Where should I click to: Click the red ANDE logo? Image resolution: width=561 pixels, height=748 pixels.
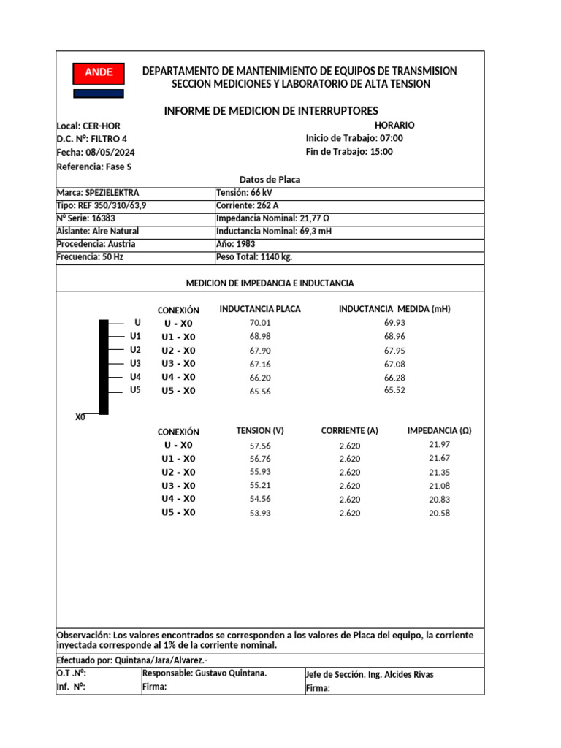tap(99, 72)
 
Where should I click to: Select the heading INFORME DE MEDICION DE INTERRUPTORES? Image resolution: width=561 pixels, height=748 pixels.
tap(271, 111)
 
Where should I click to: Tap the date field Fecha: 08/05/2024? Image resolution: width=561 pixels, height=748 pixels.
tap(96, 153)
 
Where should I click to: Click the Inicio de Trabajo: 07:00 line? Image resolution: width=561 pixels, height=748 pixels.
tap(354, 138)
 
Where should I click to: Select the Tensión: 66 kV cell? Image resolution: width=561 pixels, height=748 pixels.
tap(239, 193)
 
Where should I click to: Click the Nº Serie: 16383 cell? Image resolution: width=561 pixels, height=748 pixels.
tap(85, 218)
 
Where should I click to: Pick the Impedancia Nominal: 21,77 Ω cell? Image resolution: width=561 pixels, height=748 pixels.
tap(269, 218)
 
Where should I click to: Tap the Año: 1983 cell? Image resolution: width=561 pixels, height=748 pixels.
tap(236, 244)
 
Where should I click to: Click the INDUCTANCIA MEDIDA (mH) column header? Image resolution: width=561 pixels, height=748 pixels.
tap(394, 309)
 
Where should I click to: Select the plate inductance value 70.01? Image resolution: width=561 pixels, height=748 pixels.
tap(260, 323)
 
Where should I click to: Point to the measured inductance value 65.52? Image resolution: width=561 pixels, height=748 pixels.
tap(394, 390)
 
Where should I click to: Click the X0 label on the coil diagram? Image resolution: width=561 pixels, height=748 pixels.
tap(80, 417)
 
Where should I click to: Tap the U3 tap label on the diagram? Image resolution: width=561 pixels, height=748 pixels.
tap(135, 363)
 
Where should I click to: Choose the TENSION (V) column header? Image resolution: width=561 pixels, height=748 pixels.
tap(260, 431)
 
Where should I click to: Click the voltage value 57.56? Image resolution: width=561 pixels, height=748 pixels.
tap(260, 445)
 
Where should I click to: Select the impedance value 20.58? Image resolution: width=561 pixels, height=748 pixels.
tap(439, 513)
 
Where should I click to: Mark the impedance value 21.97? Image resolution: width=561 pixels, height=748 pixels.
tap(439, 444)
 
